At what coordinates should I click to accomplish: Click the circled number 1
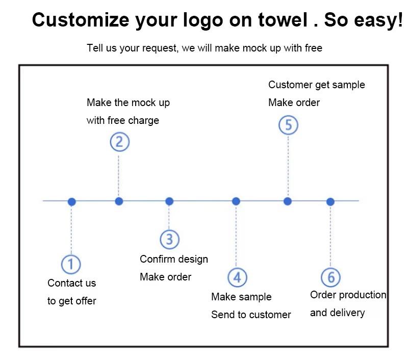[71, 264]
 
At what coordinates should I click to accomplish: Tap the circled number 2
[119, 141]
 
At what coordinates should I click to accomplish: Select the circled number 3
[169, 239]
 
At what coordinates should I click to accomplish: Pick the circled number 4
[237, 277]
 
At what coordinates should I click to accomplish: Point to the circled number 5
[288, 125]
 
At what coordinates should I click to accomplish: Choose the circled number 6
[330, 277]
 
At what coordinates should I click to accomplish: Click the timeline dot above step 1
[72, 201]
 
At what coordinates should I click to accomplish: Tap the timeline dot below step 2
[119, 201]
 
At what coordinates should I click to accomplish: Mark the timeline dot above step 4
[236, 201]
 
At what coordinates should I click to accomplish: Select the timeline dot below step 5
[288, 201]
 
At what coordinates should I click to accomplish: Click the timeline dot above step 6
[330, 201]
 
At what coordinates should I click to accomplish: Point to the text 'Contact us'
[71, 283]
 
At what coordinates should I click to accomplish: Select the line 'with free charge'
[122, 120]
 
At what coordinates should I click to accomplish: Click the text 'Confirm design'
[174, 259]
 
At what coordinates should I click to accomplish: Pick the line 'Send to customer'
[251, 315]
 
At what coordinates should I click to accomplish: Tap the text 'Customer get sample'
[317, 85]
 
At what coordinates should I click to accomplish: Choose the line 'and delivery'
[337, 313]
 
